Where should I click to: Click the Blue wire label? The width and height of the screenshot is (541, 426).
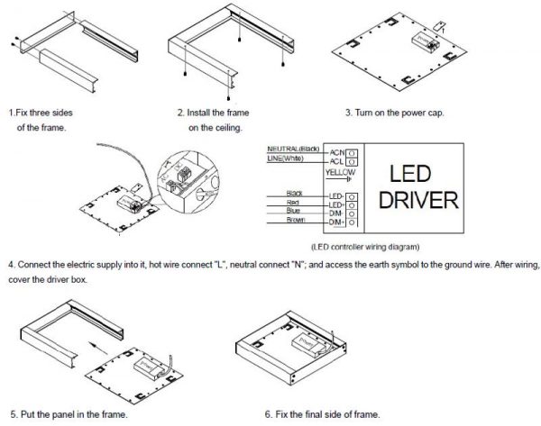point(294,211)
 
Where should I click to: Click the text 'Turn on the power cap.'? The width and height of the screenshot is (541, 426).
point(395,113)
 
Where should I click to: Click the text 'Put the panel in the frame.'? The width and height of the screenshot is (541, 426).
point(68,414)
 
